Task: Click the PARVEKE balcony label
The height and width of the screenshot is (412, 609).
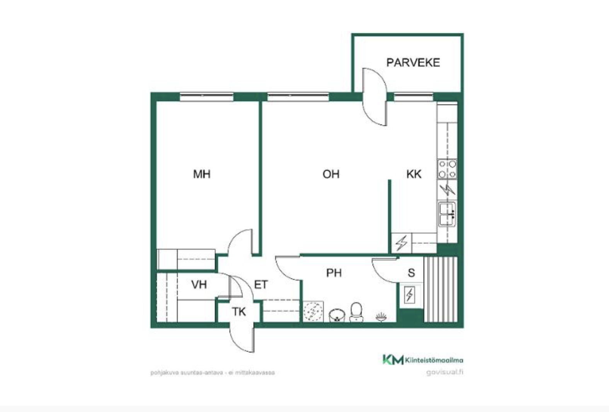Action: [413, 63]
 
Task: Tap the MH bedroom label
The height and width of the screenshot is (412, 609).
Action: [202, 174]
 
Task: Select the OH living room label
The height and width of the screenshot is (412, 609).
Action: [331, 174]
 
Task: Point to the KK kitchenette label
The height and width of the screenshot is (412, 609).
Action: [414, 174]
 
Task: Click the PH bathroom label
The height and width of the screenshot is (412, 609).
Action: [334, 273]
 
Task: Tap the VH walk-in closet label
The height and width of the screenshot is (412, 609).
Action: [199, 284]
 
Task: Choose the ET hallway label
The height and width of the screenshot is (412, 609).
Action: [261, 284]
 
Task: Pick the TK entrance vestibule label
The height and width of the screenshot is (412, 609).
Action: [239, 312]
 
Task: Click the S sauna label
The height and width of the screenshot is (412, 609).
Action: [412, 273]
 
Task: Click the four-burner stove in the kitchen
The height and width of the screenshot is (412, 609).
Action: [447, 169]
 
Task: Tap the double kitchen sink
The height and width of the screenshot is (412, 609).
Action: [447, 214]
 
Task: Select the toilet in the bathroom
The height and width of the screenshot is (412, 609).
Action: [356, 312]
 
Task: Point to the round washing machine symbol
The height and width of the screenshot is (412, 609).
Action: [313, 311]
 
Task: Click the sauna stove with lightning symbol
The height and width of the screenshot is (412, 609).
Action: [410, 295]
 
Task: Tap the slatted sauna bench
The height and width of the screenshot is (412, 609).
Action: [441, 289]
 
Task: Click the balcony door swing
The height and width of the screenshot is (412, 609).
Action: [375, 97]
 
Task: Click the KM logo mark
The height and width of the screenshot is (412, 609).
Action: [393, 360]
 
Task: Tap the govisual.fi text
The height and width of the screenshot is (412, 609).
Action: [445, 372]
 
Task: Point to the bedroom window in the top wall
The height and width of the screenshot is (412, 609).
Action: [207, 97]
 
